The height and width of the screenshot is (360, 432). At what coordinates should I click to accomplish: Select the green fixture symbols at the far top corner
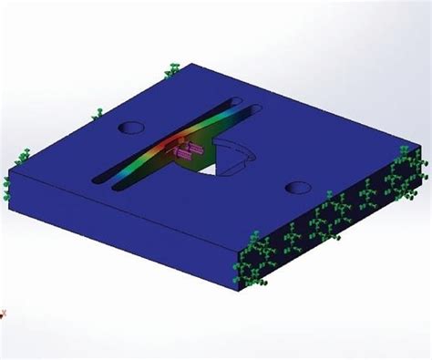tap(173, 69)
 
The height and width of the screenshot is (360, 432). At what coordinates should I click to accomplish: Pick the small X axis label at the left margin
tap(4, 314)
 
